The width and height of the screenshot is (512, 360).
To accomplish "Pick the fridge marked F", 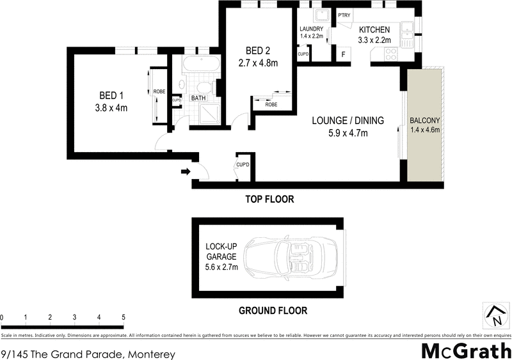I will pos(344,54).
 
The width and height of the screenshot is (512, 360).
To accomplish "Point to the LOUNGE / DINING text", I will pos(348,120).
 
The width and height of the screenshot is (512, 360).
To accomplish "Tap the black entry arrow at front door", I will pos(186,171).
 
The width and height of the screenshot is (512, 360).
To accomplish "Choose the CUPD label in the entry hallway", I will pos(243,165).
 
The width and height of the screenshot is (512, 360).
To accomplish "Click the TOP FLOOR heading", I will pos(269,200).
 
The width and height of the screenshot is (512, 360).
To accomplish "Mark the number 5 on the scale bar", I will pos(123,317).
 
